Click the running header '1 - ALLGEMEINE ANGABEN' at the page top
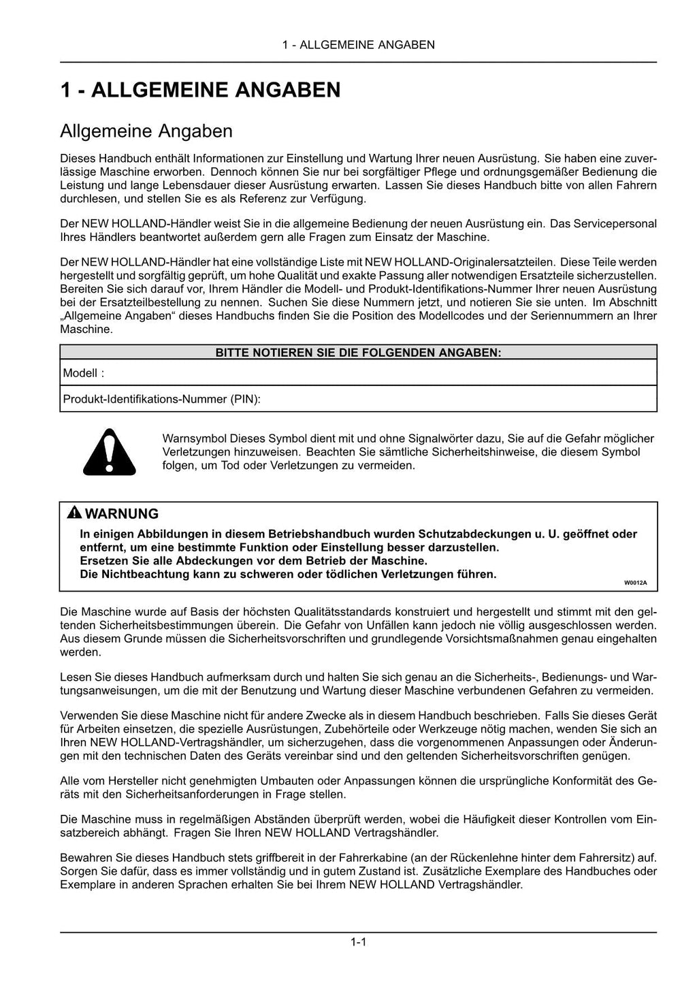(359, 45)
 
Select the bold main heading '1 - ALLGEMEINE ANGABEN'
(200, 90)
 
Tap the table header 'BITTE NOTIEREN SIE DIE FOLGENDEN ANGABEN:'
(358, 353)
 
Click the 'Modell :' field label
(84, 373)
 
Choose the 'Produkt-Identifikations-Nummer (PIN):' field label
(161, 399)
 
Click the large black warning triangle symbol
(109, 452)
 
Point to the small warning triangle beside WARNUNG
(74, 513)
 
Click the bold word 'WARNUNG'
(122, 514)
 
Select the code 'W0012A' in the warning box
(635, 583)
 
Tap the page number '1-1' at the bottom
(359, 942)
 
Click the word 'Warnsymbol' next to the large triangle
(194, 438)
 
